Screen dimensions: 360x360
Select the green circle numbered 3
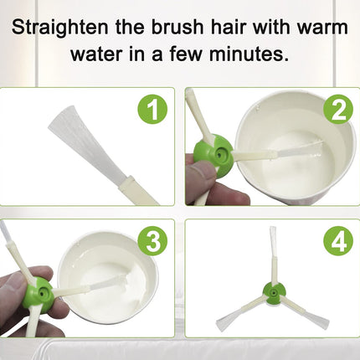click(152, 241)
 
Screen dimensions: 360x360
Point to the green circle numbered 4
click(338, 241)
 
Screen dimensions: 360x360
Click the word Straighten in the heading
click(60, 28)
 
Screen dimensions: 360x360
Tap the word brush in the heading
click(177, 27)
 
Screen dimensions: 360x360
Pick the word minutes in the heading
click(249, 54)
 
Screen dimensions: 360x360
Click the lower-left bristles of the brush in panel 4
click(228, 319)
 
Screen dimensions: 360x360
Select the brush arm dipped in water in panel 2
click(280, 151)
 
